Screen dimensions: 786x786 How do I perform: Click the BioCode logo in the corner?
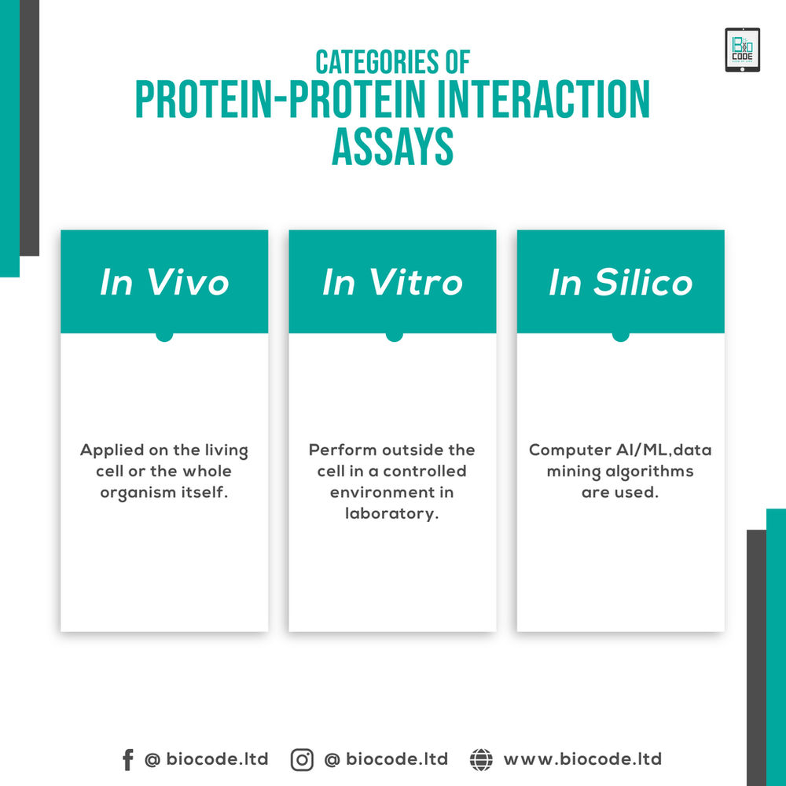tap(742, 50)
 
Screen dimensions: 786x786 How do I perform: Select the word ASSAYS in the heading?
tap(392, 146)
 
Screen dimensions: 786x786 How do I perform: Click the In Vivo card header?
tap(164, 282)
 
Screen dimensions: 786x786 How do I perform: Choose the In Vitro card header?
tap(392, 282)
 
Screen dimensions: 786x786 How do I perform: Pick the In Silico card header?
tap(620, 282)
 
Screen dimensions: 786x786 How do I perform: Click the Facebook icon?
tap(127, 759)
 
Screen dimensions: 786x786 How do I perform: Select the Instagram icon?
tap(302, 759)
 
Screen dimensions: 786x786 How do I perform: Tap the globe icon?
tap(481, 759)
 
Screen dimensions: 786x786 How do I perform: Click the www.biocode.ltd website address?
tap(582, 759)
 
